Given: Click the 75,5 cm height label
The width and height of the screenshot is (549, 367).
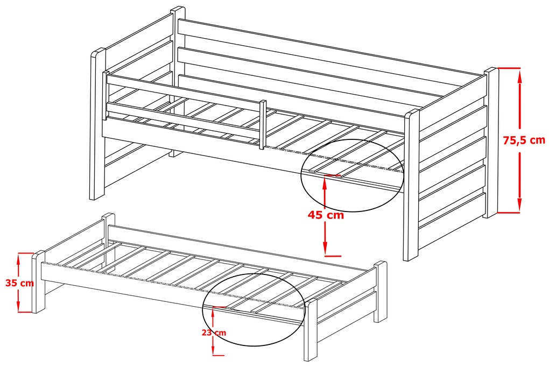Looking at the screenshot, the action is point(524,140).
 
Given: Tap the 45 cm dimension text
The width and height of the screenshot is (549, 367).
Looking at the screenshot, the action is point(326,215).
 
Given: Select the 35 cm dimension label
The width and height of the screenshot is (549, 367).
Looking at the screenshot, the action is point(19,283).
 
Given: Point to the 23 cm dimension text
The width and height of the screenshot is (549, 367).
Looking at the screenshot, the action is point(214,333).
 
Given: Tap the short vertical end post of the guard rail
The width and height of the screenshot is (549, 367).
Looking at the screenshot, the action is point(262,124).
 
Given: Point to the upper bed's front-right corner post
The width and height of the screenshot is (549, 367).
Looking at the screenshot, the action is point(411,185).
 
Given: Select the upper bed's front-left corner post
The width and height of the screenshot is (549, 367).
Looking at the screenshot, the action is point(97,124).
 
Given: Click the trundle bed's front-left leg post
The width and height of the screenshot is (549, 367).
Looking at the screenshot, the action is point(39,281).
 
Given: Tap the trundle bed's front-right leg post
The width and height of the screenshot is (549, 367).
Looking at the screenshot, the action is point(310,330).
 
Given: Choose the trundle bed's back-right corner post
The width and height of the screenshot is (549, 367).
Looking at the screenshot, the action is point(381,291).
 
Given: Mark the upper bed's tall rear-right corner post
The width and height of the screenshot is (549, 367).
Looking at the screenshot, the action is point(491,143).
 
